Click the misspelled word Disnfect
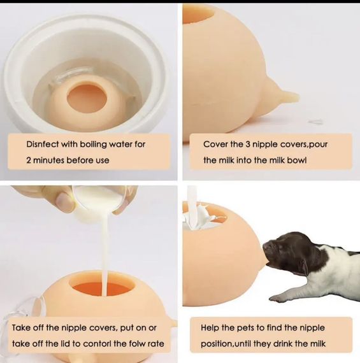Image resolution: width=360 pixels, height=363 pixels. (43, 144)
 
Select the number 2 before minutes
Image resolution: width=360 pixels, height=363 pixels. (28, 160)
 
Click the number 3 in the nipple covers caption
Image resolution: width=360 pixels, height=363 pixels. (247, 144)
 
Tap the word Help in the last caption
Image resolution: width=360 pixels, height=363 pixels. (210, 328)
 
